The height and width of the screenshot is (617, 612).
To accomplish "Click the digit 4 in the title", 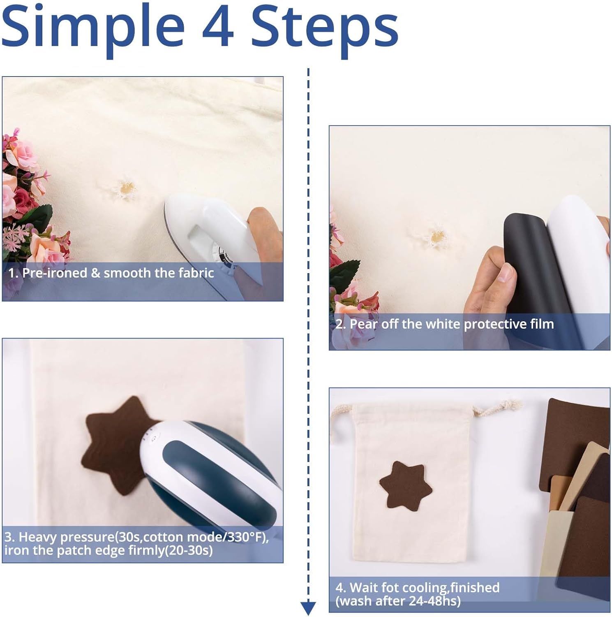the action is click(218, 25).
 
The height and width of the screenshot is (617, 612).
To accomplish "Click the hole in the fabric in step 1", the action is click(125, 188).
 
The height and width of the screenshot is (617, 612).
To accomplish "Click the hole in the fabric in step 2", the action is click(436, 236).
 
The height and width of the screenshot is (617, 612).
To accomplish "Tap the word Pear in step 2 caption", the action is click(363, 324).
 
